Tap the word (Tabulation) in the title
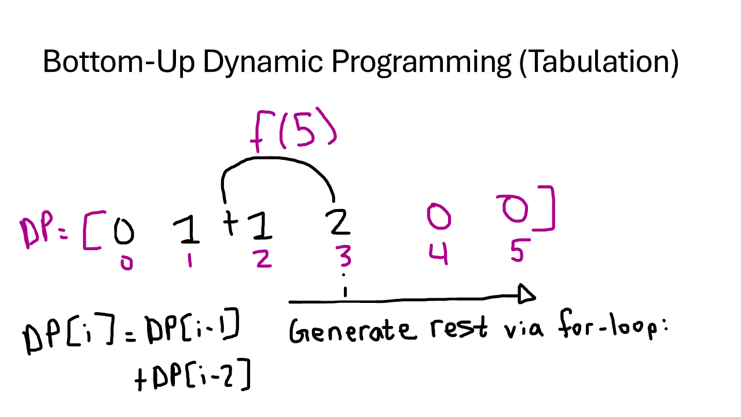point(599,61)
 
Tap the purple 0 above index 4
point(438,217)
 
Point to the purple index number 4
point(438,254)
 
